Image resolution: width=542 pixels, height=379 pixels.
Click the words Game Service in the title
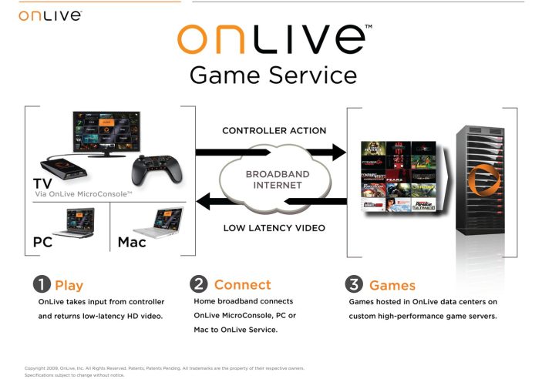click(273, 75)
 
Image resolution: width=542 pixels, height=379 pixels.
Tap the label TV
click(43, 185)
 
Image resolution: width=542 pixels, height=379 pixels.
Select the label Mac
click(132, 243)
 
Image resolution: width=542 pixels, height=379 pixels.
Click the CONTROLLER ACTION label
click(274, 131)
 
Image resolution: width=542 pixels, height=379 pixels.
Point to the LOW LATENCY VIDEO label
click(274, 227)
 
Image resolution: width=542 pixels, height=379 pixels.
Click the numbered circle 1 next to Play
click(41, 286)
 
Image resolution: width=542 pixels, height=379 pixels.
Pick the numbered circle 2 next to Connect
click(198, 285)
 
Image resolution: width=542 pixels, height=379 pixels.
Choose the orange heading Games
click(392, 286)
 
